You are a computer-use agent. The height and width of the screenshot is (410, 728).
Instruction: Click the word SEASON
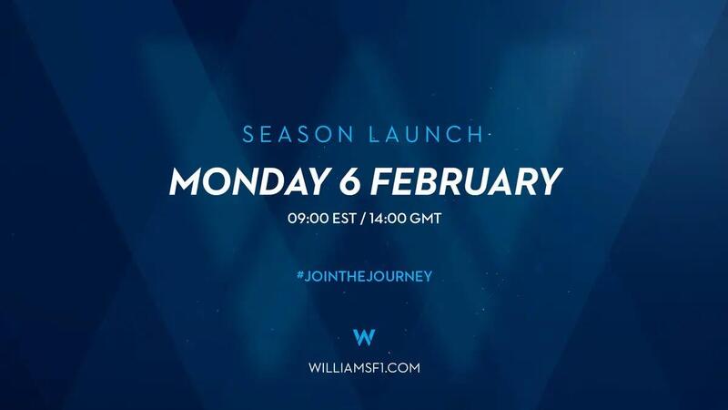[298, 134]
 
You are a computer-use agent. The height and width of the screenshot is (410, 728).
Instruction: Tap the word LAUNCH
[426, 134]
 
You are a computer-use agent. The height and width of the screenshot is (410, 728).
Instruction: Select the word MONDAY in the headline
[248, 181]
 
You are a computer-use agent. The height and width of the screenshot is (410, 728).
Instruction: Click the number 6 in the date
[349, 181]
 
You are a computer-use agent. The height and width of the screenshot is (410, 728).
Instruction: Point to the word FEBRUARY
[467, 181]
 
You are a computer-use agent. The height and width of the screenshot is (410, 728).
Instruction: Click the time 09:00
[308, 218]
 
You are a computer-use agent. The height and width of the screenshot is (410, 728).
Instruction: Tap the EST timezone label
[345, 218]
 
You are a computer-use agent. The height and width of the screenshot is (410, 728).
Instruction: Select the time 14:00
[388, 218]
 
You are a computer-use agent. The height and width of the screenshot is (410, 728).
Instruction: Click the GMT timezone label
[425, 218]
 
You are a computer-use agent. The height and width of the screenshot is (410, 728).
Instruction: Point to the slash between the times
[363, 218]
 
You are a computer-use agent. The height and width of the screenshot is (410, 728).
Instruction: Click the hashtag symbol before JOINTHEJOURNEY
[300, 276]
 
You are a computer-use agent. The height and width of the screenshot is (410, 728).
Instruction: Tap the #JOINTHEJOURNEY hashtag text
[364, 276]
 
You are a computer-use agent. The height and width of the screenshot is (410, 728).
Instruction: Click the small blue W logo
[364, 337]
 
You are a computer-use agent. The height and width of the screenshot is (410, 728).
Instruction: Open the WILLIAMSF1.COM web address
[364, 368]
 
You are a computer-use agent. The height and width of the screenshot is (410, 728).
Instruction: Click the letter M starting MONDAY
[187, 181]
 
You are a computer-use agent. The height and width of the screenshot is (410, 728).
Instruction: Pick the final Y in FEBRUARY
[551, 181]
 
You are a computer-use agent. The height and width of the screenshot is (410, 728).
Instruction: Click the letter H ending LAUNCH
[477, 134]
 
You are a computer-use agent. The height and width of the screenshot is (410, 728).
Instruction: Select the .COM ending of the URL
[401, 368]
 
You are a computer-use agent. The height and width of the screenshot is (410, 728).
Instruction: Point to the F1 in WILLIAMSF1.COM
[376, 368]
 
